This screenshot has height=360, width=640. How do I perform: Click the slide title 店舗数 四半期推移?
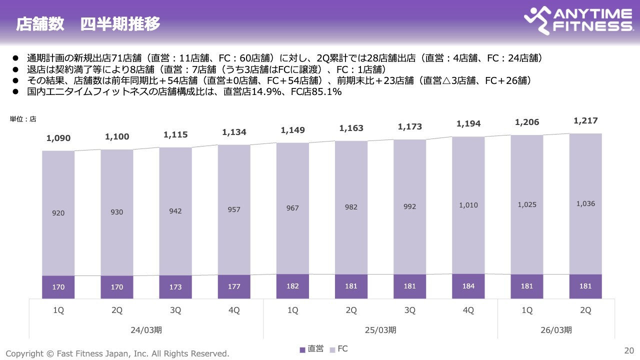pos(88,24)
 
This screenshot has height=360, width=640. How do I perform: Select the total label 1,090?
pos(58,138)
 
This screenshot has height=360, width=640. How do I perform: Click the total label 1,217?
pos(585,120)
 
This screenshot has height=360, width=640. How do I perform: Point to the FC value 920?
pos(58,213)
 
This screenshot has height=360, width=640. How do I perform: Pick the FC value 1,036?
pos(585,203)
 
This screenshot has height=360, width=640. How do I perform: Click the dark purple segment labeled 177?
pos(234,287)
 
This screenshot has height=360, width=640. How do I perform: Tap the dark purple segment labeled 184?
pos(468,286)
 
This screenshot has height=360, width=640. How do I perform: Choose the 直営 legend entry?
pos(311,349)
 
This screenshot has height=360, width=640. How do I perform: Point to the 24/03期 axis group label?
pos(146,330)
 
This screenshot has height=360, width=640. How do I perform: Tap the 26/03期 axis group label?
pos(556,330)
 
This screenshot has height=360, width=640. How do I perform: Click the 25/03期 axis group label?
pos(380,330)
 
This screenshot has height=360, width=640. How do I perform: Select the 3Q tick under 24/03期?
pos(175,310)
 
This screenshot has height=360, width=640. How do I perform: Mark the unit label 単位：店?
pos(23,119)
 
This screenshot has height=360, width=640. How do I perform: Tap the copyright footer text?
pos(117,353)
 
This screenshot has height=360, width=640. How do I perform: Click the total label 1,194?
pos(468,123)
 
